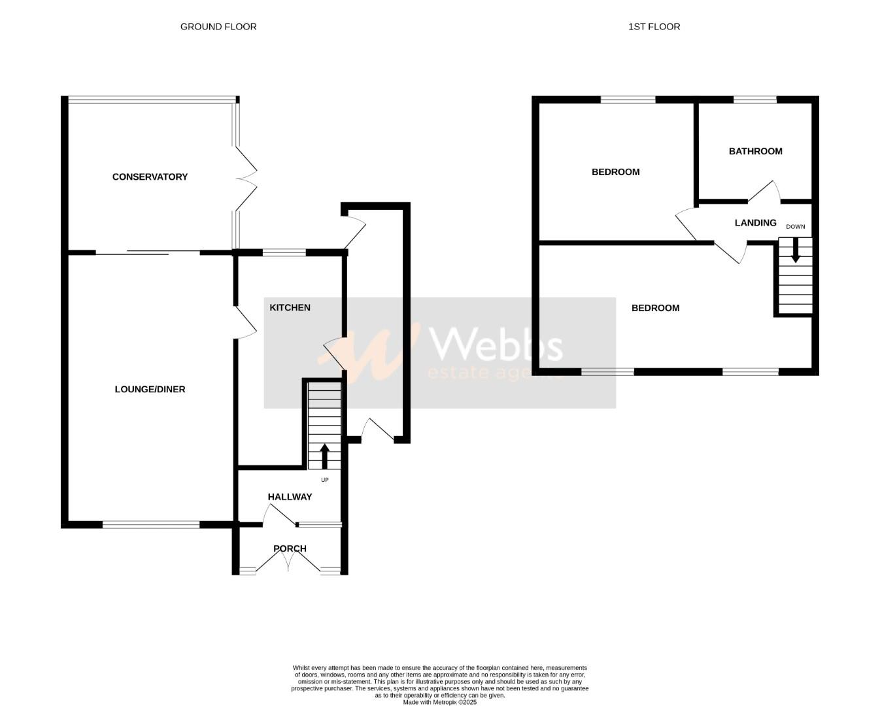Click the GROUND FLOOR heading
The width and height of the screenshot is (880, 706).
(218, 27)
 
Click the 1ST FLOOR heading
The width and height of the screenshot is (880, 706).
(654, 27)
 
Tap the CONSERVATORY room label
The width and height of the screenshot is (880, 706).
(150, 176)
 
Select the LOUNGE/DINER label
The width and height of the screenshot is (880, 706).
(150, 389)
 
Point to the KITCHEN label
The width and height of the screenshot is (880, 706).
(290, 307)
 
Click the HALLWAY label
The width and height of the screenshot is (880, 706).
(290, 497)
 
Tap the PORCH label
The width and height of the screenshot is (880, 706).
(290, 548)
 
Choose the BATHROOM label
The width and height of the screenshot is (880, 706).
(755, 151)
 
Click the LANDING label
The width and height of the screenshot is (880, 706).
(755, 223)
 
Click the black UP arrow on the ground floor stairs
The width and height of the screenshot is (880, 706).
(324, 456)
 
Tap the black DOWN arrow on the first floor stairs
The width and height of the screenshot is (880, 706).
(795, 250)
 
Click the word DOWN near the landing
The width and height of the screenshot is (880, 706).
(796, 227)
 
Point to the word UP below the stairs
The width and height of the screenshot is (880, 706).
(324, 480)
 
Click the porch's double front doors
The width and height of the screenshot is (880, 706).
(289, 559)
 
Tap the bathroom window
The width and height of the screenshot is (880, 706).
(754, 99)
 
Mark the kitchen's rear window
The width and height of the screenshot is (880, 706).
(284, 252)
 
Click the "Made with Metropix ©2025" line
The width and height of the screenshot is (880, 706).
(439, 702)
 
